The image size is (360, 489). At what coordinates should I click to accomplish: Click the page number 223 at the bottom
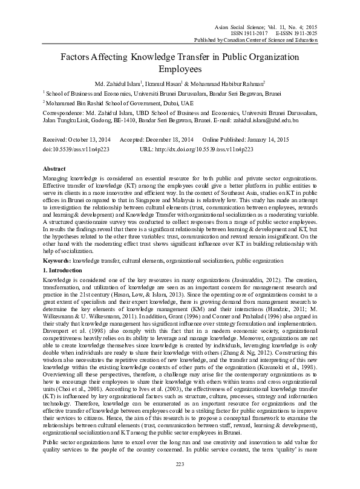click(180, 481)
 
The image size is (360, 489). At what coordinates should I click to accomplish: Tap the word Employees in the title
click(180, 69)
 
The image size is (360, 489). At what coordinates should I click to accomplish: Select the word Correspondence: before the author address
click(63, 113)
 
